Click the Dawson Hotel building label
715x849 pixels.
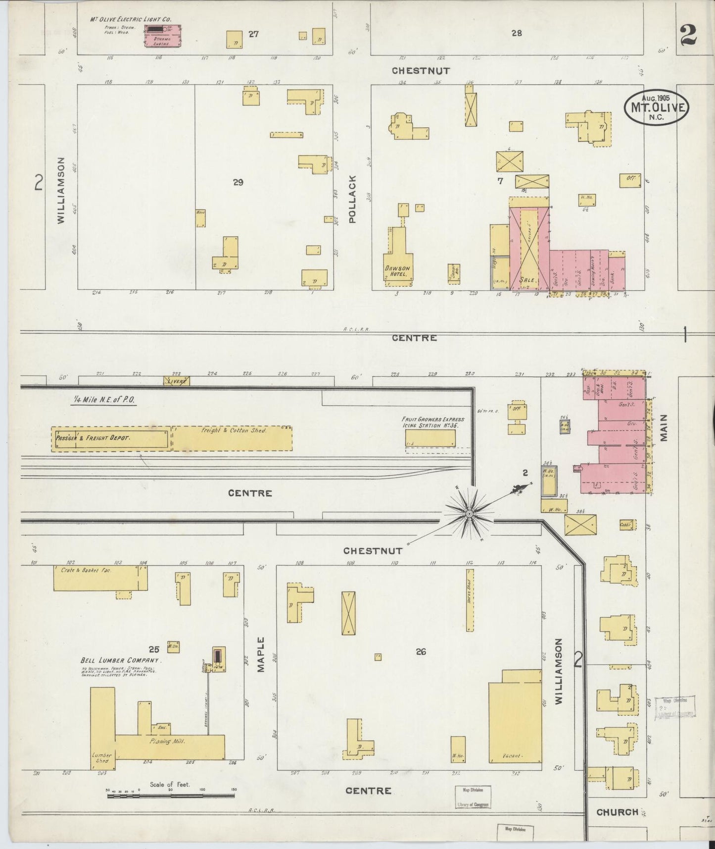(x=398, y=271)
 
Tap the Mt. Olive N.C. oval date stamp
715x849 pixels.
(x=655, y=107)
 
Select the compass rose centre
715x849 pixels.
(x=469, y=515)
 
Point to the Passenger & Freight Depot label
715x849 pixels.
(x=93, y=438)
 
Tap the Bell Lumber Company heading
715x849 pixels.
(x=121, y=661)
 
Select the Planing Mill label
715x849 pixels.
(x=166, y=741)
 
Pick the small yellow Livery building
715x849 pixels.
(x=177, y=381)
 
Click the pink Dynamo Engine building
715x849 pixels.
(x=162, y=37)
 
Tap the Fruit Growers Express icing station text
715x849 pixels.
(x=433, y=422)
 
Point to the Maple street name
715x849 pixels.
(x=261, y=654)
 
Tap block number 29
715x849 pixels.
(x=238, y=182)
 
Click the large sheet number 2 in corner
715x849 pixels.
(x=688, y=35)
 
